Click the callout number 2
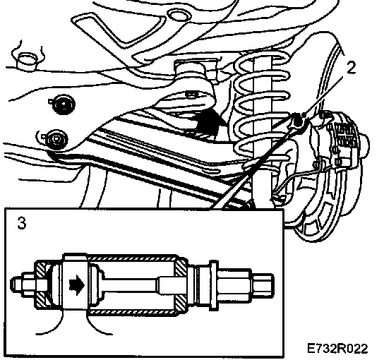pos(351,68)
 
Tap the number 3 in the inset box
pos(22,223)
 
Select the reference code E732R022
pos(337,349)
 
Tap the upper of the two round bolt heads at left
pos(64,104)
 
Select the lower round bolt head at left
pos(56,140)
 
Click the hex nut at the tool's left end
pos(30,284)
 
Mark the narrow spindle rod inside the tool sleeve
pos(132,285)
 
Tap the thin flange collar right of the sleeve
pos(213,285)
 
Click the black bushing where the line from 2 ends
pos(298,120)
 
